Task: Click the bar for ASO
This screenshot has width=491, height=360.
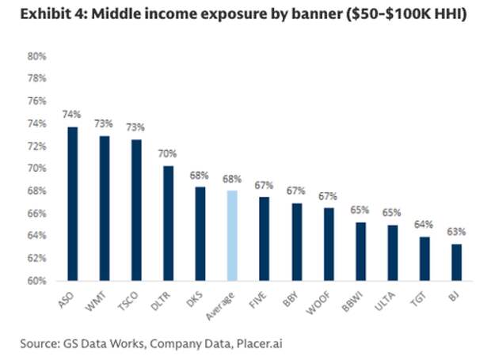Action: (73, 203)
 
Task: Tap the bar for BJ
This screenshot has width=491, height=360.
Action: (455, 262)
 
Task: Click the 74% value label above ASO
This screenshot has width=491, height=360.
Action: (73, 115)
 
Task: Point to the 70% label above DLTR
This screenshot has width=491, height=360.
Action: (168, 153)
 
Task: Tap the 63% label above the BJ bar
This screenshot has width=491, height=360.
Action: (455, 232)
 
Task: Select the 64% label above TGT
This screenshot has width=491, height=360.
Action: (424, 225)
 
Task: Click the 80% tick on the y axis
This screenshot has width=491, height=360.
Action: (37, 56)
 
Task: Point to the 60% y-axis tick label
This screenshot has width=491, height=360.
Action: (37, 281)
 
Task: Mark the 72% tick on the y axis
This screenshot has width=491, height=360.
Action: (37, 146)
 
